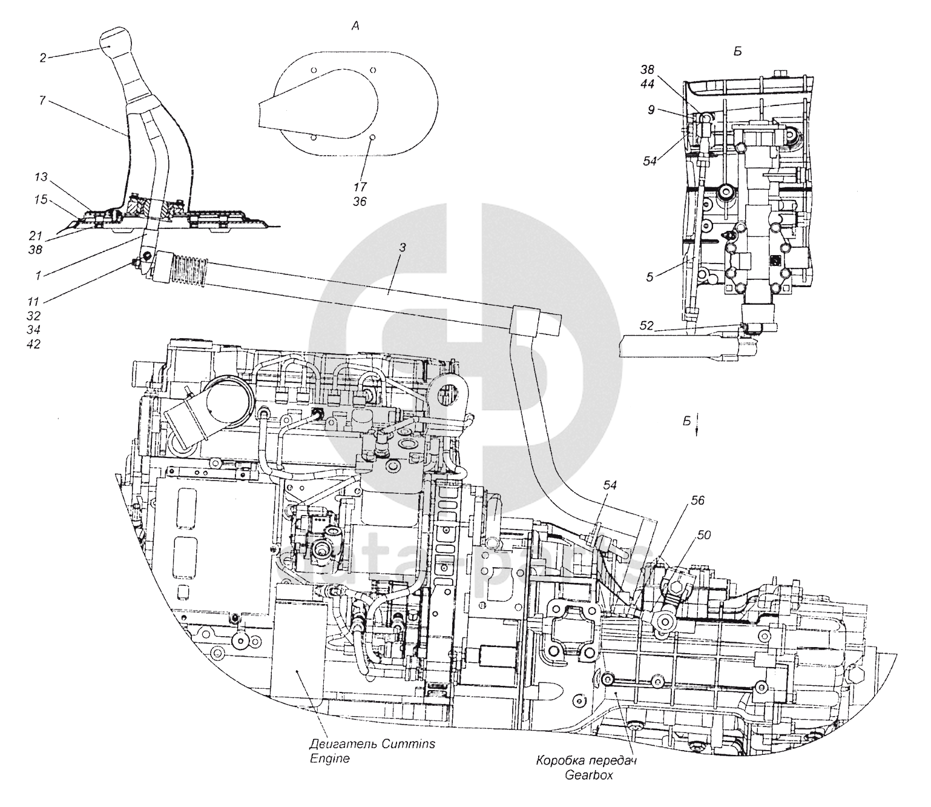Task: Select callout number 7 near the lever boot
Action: tap(42, 101)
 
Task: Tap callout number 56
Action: tap(698, 500)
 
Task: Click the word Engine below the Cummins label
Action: tap(329, 759)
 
